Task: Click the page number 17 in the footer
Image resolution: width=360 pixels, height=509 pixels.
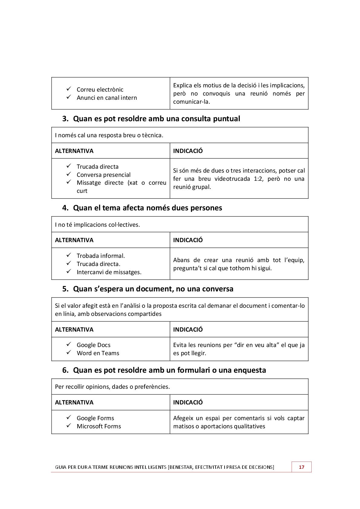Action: pos(301,467)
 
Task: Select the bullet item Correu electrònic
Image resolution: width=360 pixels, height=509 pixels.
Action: pos(100,89)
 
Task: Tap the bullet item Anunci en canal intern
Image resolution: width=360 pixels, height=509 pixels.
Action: pos(107,98)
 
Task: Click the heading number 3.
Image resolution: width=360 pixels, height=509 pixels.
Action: pos(65,119)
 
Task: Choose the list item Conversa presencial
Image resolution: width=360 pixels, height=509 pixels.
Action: pos(103,175)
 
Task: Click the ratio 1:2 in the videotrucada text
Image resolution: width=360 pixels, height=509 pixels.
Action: pos(258,179)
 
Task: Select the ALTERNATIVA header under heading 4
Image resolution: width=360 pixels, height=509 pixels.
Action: pos(74,240)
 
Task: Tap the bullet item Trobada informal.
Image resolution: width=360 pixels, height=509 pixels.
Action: pos(101,256)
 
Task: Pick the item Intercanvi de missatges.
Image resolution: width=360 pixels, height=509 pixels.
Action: pos(109,272)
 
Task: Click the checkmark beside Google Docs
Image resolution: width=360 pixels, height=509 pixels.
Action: pos(69,344)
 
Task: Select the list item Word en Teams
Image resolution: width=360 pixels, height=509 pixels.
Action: pos(98,353)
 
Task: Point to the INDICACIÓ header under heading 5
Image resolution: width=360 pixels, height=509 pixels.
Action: pos(188,329)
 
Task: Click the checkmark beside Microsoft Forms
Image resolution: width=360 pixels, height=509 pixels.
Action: pos(69,426)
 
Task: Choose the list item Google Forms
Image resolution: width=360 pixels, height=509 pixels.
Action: pos(95,418)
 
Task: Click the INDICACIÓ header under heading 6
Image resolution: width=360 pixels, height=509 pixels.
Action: pos(188,402)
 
